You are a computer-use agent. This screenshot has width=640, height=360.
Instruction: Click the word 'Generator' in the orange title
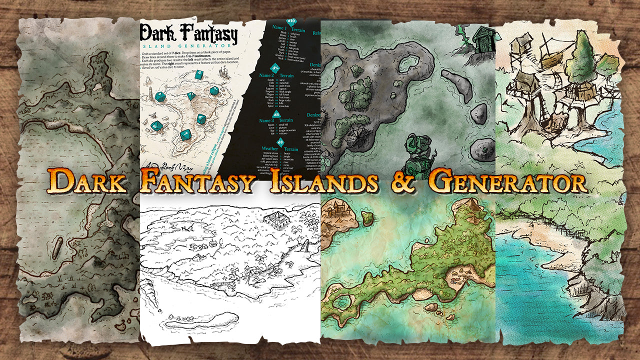point(507,183)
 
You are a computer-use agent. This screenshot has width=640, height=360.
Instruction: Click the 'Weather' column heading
point(270,149)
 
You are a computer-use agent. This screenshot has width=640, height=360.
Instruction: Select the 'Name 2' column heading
point(266,75)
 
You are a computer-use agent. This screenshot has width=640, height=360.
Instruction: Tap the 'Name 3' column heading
point(266,120)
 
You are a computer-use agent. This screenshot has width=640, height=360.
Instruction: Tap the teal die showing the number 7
point(186,134)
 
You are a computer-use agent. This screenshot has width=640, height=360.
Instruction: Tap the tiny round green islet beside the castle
point(368,217)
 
